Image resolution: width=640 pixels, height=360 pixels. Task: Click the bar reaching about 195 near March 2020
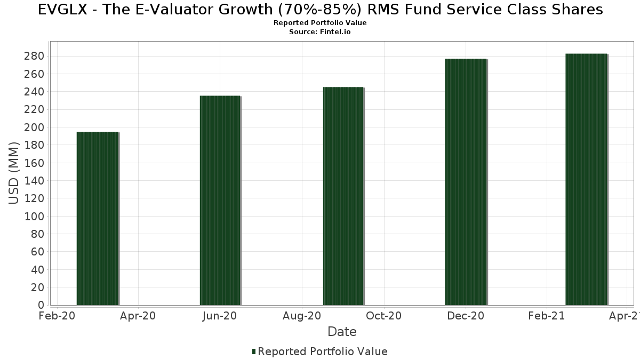(x=97, y=219)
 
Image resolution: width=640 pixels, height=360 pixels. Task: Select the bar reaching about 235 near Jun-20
(x=220, y=201)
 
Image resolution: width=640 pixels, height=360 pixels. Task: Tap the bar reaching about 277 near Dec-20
(x=466, y=182)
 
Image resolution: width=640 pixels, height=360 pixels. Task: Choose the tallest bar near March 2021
(x=586, y=179)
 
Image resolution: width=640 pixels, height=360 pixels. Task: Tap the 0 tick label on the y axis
(x=41, y=305)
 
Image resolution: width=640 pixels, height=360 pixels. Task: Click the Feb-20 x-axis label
(x=57, y=316)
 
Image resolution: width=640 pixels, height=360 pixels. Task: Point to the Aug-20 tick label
(x=302, y=316)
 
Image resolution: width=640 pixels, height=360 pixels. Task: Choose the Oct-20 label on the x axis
(x=384, y=316)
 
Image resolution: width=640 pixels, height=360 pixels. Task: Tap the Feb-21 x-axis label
(x=546, y=316)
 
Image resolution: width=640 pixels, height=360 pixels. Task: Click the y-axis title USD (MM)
(x=14, y=173)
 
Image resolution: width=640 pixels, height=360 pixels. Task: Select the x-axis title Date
(x=342, y=332)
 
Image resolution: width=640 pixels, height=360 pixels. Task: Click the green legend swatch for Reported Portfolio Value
(x=254, y=351)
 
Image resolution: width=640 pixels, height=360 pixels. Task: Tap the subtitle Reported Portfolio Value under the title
(x=320, y=23)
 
